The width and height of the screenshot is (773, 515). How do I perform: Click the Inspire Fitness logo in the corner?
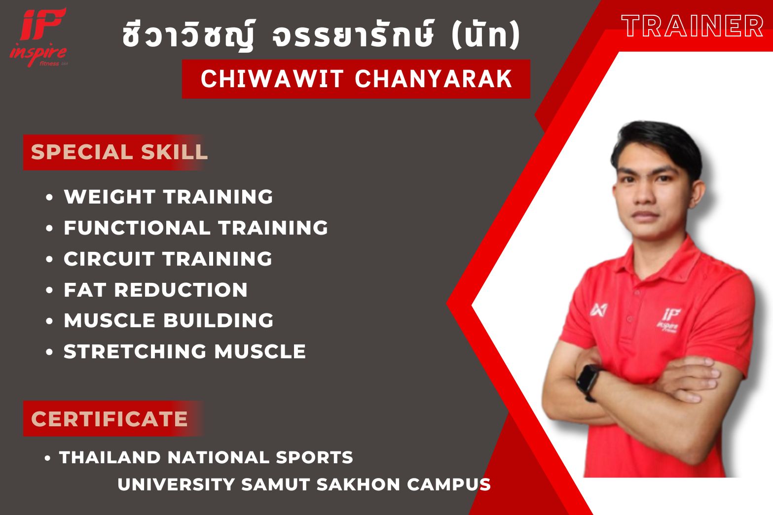(x=38, y=37)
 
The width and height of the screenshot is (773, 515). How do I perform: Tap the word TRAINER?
(x=692, y=26)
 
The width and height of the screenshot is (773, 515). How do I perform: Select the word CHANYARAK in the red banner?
(x=434, y=79)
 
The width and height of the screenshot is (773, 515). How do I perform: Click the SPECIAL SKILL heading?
(x=119, y=152)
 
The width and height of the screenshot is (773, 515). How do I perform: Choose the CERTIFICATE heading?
(x=110, y=419)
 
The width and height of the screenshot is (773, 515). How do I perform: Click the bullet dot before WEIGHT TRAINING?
(x=49, y=197)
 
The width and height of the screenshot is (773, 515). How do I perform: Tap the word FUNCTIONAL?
(x=137, y=228)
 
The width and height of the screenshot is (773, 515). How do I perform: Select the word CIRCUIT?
(x=109, y=259)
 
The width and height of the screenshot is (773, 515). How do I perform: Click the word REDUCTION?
(x=181, y=290)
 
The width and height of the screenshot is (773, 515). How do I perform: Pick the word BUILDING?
(x=218, y=321)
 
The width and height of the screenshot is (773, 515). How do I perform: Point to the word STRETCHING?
(x=135, y=351)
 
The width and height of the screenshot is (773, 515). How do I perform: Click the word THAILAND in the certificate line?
(x=110, y=457)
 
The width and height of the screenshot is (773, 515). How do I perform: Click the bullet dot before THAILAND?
(x=48, y=458)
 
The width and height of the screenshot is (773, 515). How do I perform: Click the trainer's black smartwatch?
(x=589, y=382)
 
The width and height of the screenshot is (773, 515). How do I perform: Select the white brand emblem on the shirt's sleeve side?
(x=598, y=310)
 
